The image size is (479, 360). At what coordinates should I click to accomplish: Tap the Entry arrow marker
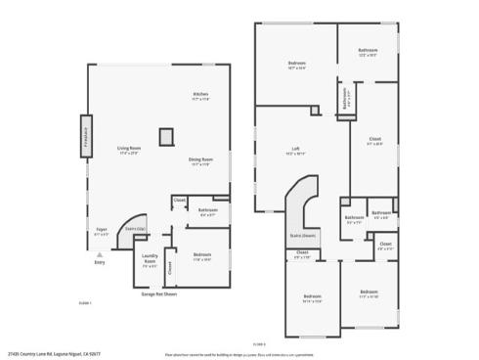coord(99,253)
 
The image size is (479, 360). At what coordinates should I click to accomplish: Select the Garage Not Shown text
coord(158,292)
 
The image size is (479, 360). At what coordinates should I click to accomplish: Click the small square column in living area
coord(166,136)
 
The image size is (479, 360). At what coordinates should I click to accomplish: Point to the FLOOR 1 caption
coord(84,303)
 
